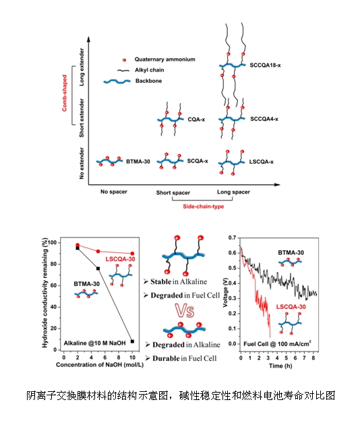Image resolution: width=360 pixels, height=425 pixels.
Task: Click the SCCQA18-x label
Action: [265, 65]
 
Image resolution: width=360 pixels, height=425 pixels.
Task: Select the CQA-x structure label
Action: [196, 119]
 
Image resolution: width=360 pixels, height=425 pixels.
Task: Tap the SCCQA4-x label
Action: [264, 119]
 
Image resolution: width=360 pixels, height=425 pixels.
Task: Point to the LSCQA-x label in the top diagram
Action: [261, 162]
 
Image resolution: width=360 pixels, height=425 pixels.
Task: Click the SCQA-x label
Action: [198, 161]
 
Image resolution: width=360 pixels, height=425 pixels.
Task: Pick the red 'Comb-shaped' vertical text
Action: [65, 93]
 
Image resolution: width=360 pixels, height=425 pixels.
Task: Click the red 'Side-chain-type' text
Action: [203, 206]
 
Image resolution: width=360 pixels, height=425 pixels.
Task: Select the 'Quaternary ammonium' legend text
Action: [164, 59]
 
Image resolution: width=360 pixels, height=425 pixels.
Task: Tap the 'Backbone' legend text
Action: [148, 81]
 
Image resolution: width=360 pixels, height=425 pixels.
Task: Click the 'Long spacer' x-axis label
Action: [233, 192]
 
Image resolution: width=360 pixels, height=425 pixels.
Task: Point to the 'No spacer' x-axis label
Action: [114, 192]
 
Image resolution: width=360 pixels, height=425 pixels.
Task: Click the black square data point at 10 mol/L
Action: [132, 341]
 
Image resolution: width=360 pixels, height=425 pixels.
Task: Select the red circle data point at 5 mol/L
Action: [98, 252]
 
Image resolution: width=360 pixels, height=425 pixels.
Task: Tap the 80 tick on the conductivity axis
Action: [54, 264]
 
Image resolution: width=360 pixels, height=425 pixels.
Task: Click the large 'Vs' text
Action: [185, 310]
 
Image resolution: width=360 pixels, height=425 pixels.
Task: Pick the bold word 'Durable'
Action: [167, 358]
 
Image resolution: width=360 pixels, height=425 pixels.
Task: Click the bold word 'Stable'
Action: [161, 281]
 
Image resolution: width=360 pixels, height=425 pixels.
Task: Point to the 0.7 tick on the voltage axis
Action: [232, 237]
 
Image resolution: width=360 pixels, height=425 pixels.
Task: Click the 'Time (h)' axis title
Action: [280, 366]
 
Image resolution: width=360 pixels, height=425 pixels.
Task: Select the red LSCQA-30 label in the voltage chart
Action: [291, 306]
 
